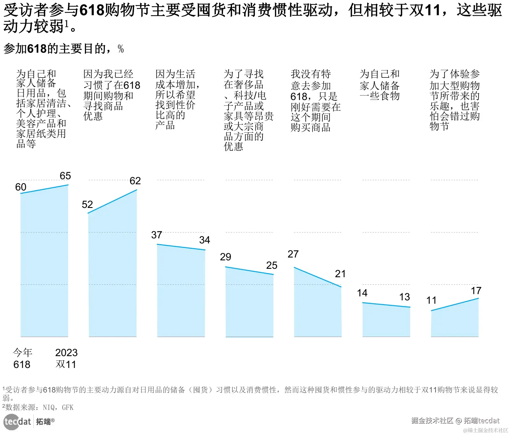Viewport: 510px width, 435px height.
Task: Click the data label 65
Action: point(65,176)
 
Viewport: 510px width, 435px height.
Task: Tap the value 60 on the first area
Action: point(21,187)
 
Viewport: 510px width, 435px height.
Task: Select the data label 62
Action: point(135,181)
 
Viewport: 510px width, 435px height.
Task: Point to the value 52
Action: point(87,205)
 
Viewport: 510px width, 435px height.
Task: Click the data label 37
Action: point(156,235)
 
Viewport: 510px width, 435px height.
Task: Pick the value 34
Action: point(204,240)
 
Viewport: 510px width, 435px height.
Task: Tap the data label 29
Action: point(225,257)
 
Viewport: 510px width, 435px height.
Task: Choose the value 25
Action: point(271,265)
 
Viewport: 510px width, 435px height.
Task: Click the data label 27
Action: point(293,254)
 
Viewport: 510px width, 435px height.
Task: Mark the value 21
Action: point(340,274)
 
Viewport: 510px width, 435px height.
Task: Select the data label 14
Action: point(362,293)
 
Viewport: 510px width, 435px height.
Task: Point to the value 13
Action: point(404,297)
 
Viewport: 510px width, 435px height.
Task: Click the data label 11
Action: point(431,300)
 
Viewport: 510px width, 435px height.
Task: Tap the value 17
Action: point(476,291)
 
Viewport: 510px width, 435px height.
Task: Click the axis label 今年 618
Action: point(22,358)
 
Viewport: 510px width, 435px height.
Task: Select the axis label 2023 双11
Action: point(66,358)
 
